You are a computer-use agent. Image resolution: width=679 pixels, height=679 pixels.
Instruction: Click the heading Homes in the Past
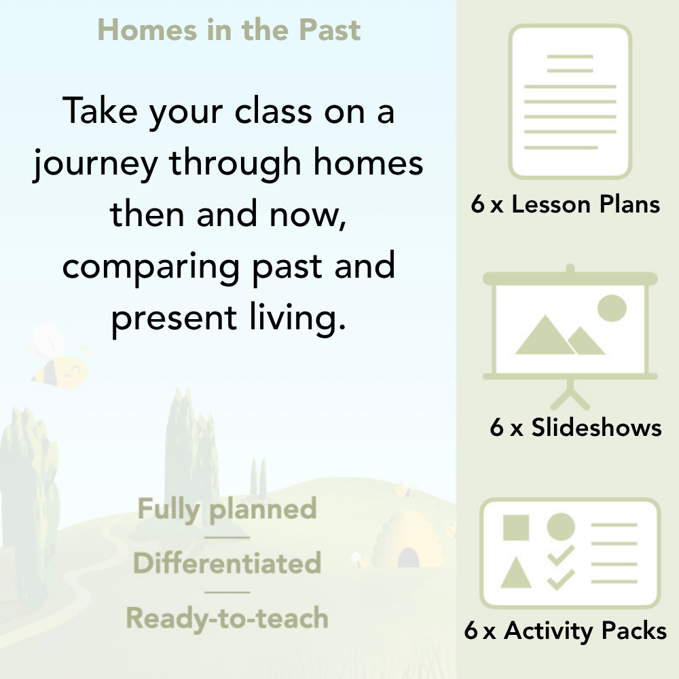pyautogui.click(x=229, y=31)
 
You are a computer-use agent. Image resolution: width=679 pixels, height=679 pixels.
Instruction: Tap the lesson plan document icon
pyautogui.click(x=570, y=101)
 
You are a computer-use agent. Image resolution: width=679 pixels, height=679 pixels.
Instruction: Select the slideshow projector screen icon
pyautogui.click(x=570, y=326)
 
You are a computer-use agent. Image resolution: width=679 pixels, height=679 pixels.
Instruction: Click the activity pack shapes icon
pyautogui.click(x=570, y=554)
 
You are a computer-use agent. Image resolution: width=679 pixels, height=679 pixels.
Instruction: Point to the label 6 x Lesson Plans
pyautogui.click(x=566, y=204)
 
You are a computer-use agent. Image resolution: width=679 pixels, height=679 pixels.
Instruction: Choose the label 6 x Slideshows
pyautogui.click(x=576, y=427)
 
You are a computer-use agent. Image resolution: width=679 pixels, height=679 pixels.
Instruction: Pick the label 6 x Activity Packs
pyautogui.click(x=566, y=631)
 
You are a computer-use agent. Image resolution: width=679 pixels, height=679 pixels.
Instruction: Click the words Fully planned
pyautogui.click(x=227, y=509)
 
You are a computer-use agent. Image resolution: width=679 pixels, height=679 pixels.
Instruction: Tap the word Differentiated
pyautogui.click(x=227, y=563)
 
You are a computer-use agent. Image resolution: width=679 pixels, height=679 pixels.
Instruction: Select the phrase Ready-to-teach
pyautogui.click(x=227, y=618)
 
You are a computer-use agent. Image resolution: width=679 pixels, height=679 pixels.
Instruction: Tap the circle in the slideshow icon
pyautogui.click(x=611, y=307)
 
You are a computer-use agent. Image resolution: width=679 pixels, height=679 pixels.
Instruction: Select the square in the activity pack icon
pyautogui.click(x=516, y=527)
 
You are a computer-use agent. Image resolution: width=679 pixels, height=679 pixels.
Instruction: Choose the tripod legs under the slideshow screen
pyautogui.click(x=570, y=393)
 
